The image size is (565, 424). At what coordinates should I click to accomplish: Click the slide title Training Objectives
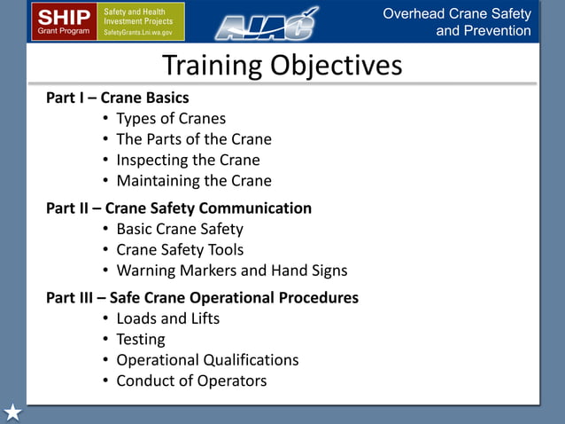point(282,66)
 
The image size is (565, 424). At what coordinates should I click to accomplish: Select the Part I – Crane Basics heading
point(117,98)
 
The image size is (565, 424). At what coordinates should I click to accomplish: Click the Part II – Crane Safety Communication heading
point(178,208)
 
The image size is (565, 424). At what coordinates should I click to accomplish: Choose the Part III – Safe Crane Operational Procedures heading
point(202,297)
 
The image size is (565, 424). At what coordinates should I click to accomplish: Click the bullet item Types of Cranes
point(171,118)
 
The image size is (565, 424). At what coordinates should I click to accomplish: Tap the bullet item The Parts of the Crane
point(193,139)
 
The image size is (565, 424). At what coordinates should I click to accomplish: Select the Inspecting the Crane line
point(188,161)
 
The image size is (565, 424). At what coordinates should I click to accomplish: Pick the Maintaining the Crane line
point(193,181)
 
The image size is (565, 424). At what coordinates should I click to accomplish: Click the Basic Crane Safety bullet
point(179,229)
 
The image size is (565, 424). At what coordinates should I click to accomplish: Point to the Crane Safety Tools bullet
point(180,250)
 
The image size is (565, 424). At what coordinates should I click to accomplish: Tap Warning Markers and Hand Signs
point(231,271)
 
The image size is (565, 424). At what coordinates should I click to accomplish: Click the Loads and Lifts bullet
point(167,318)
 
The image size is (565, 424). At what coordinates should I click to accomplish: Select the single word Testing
point(140,339)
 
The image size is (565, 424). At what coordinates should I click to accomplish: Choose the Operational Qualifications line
point(207,360)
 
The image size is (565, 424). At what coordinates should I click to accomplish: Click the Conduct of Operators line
point(191,381)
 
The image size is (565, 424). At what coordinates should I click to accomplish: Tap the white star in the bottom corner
point(12,412)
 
